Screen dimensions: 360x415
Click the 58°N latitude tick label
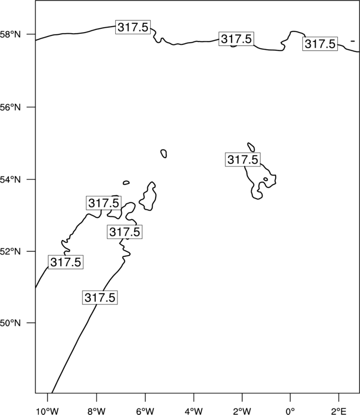[x=11, y=34]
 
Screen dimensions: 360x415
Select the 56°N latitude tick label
[x=11, y=107]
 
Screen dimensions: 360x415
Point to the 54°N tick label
[x=11, y=179]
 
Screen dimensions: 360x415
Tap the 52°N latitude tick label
[x=11, y=251]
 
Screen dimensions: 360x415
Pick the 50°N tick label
[x=11, y=323]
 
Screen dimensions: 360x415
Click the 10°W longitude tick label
[x=48, y=411]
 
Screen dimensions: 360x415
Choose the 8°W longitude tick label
[x=96, y=411]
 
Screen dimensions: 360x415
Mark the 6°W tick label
[x=145, y=411]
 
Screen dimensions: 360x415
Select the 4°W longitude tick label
[x=194, y=411]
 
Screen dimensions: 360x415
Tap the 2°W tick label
[x=242, y=411]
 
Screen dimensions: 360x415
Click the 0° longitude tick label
[x=290, y=411]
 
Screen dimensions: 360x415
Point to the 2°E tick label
[x=338, y=411]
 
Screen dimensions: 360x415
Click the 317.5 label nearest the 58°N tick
[x=133, y=27]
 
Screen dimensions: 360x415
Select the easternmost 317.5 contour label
[x=320, y=44]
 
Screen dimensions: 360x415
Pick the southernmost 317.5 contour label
[x=100, y=298]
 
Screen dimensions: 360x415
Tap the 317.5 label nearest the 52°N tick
[x=66, y=262]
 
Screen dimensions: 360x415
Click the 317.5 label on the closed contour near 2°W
[x=243, y=159]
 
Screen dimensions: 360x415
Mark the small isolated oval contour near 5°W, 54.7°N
[x=164, y=153]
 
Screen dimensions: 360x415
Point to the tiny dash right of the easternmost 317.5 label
[x=353, y=41]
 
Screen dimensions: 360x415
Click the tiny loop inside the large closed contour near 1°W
[x=265, y=179]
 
